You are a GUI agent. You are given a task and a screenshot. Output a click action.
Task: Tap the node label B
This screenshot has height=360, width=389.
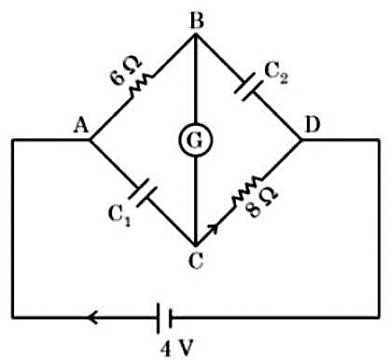pos(197,21)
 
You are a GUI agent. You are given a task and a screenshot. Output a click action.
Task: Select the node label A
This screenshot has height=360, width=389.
pos(81,126)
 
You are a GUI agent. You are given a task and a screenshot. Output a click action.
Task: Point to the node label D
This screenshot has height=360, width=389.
pos(313,125)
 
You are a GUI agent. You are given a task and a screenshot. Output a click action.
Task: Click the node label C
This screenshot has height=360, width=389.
pos(196,260)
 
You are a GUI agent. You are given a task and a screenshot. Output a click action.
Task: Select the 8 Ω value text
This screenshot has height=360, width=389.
pos(261,203)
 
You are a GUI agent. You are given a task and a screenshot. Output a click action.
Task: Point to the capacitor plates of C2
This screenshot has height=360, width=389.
pos(249,87)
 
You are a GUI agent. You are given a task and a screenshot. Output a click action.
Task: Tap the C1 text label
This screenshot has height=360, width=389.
pos(119,215)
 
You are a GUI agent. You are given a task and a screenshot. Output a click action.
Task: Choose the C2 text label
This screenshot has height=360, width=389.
pos(276,74)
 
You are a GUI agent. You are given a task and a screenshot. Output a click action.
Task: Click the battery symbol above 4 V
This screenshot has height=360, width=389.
pos(164,318)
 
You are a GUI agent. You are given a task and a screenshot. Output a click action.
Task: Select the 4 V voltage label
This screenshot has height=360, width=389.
pos(177,349)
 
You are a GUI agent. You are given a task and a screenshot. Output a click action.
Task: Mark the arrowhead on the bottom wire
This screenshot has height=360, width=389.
pos(93,318)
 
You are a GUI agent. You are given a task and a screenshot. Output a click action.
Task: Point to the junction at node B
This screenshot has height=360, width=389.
pos(196,35)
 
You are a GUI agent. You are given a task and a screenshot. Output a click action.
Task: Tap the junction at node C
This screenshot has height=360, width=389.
pos(196,244)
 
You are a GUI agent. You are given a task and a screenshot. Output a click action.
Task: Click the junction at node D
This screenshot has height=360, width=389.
pos(300,140)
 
